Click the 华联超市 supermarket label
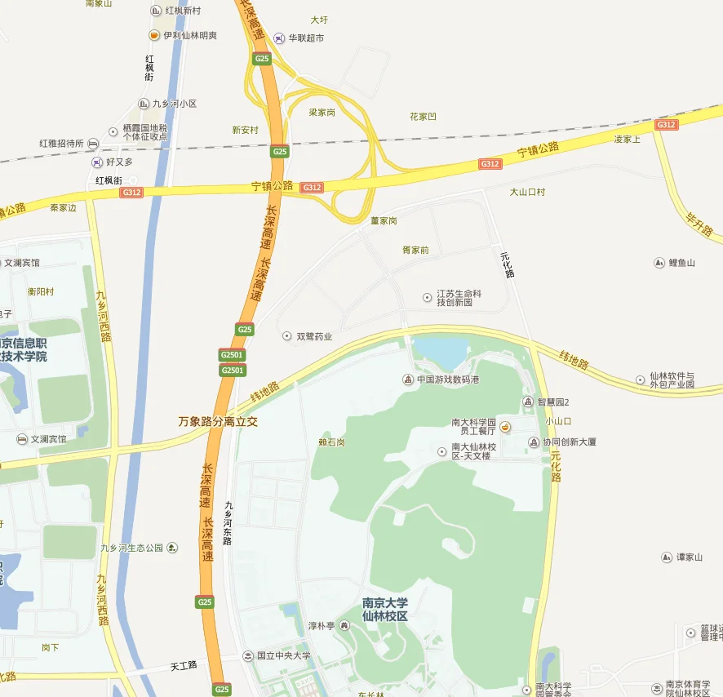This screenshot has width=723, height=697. pos(304,38)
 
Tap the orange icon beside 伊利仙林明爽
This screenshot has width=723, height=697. pos(153,35)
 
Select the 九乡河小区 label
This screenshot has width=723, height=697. pos(175,104)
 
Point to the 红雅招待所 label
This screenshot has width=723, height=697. pos(61,144)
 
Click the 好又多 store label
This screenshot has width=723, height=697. pos(119,162)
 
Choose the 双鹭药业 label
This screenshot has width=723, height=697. pos(313,336)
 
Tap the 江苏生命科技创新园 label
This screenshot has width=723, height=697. pos(459,298)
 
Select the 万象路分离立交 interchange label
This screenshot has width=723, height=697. pos(218,422)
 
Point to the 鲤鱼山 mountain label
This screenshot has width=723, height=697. pos(681,263)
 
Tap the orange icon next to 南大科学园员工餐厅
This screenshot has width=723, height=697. pos(505,426)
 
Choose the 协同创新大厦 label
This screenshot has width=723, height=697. pos(570,442)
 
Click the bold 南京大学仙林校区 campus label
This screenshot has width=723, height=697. pos(385,610)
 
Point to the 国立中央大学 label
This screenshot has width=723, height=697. pos(283,655)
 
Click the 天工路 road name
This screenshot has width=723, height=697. pos(184,665)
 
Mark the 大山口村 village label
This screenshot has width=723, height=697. pos(527,193)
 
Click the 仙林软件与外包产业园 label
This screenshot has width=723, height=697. pos(672,380)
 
